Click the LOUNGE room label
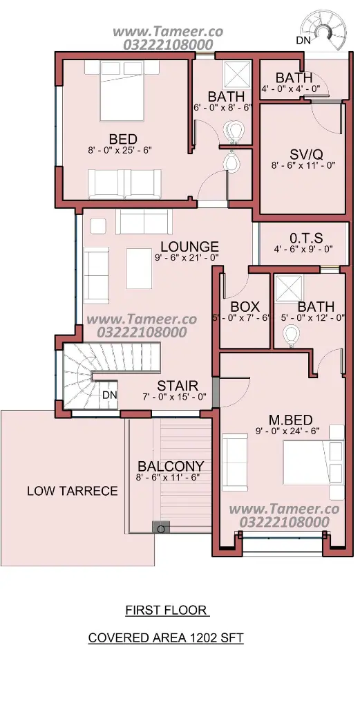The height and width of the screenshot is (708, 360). pos(189,247)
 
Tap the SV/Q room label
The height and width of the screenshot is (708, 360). pos(300,154)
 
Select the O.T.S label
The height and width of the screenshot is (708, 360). pos(306,238)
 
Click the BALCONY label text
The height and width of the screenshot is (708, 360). pos(171,466)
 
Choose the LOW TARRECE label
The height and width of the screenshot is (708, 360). pos(72,491)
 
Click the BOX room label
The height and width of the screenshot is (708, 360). pos(245,307)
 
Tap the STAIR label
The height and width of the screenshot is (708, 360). pos(178,386)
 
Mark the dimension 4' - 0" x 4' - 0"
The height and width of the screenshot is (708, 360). pos(291,88)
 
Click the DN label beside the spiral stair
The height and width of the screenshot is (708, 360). pos(303,40)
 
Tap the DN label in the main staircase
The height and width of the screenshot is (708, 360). pos(110,395)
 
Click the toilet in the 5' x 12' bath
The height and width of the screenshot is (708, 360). pos(291,336)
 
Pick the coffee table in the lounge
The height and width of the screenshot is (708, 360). pos(139,268)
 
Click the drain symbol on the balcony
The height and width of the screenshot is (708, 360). pos(160,528)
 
